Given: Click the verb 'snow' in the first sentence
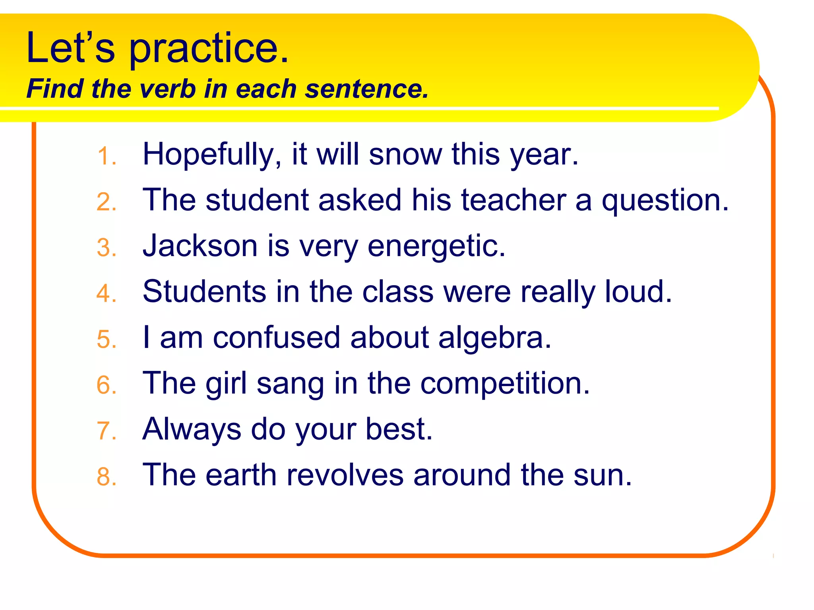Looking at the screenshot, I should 405,154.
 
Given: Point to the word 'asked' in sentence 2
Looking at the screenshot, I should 360,200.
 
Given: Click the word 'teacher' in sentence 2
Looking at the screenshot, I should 514,200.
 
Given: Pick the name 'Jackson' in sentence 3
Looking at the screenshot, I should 200,246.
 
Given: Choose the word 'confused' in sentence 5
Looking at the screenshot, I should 277,338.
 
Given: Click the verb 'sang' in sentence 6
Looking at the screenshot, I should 290,384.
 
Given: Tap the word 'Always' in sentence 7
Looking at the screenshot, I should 192,429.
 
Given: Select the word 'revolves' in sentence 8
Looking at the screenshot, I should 345,475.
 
